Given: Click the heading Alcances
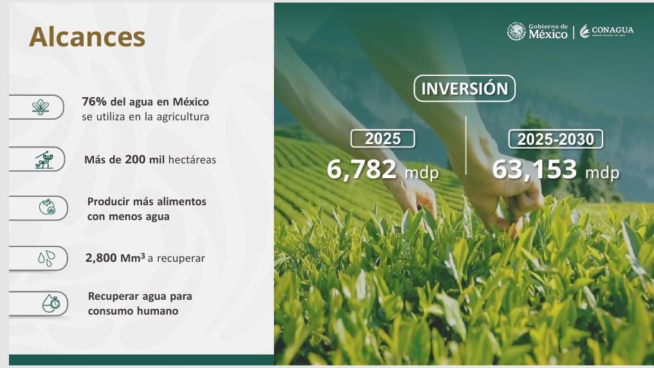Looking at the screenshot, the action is [x=87, y=37].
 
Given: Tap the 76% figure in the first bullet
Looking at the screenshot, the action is [x=94, y=102].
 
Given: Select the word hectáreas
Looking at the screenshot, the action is [x=192, y=160].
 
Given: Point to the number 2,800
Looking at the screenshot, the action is [x=101, y=258].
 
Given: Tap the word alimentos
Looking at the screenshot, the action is [x=182, y=201].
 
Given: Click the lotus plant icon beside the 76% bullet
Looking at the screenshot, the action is [x=41, y=107].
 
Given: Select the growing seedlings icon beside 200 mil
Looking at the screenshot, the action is [x=44, y=160].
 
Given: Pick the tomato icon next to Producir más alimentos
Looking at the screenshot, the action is [x=47, y=207].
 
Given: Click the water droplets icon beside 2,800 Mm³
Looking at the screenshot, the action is [x=46, y=258].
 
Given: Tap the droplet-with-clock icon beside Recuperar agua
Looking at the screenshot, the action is [x=51, y=303].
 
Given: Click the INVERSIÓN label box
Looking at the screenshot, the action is [x=465, y=88].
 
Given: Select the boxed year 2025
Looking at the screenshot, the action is [x=383, y=138].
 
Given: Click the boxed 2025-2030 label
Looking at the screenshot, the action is [x=556, y=139].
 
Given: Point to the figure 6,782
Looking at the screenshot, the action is [x=361, y=169].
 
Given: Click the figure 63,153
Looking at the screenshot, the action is [x=534, y=169].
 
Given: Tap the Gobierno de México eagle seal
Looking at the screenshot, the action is [x=516, y=32].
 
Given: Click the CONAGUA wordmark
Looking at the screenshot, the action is [x=612, y=30].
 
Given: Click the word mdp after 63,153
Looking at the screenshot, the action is [x=603, y=172].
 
